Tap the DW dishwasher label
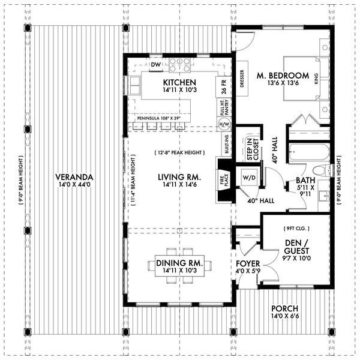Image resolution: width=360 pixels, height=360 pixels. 155,64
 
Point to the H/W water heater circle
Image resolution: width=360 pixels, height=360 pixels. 224,124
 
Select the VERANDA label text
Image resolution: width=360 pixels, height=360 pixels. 73,177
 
